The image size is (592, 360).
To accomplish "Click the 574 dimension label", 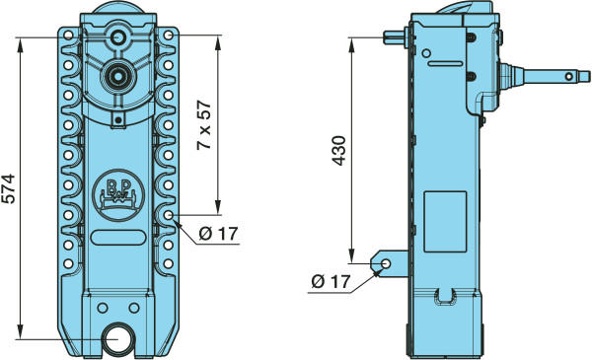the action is pyautogui.click(x=8, y=188).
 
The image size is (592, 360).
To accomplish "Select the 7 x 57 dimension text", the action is pyautogui.click(x=204, y=125).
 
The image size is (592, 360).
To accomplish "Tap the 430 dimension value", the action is pyautogui.click(x=338, y=151).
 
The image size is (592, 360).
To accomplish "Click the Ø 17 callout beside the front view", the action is pyautogui.click(x=218, y=234).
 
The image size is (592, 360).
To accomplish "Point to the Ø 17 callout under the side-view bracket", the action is pyautogui.click(x=331, y=281).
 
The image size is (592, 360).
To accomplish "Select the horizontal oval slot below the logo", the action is pyautogui.click(x=118, y=238).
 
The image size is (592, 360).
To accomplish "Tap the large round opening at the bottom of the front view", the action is pyautogui.click(x=116, y=338).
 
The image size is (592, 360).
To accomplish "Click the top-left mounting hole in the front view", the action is pyautogui.click(x=68, y=36).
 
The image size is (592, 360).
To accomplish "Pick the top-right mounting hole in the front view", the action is pyautogui.click(x=169, y=36).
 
